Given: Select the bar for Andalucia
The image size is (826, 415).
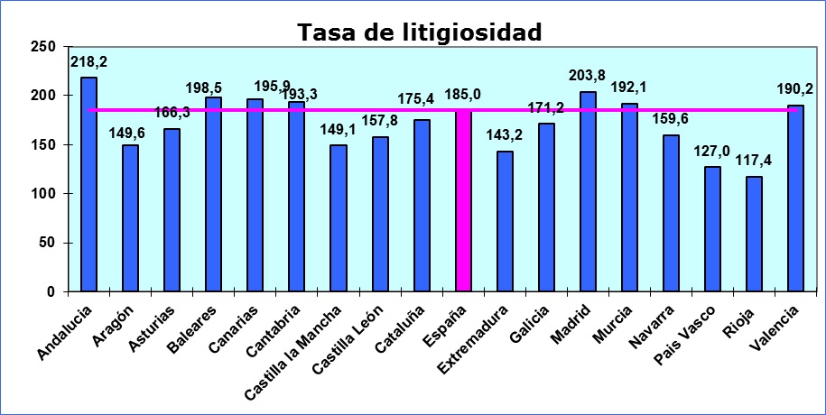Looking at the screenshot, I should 88,184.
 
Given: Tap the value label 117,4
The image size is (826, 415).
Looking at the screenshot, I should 755,164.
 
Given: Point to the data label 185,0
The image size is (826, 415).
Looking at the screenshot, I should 463,93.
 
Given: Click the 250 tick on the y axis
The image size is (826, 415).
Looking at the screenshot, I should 44,47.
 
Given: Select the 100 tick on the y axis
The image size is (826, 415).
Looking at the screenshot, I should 44,194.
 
